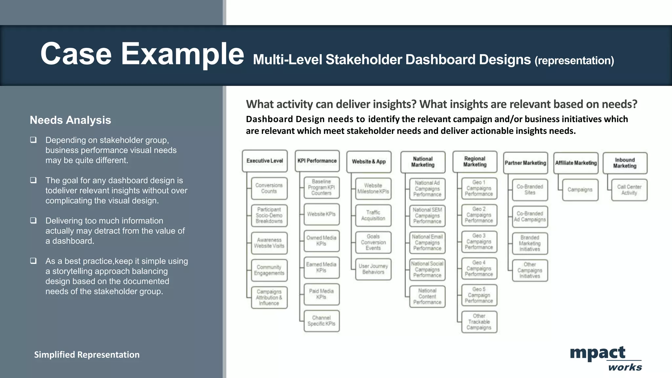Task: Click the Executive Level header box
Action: [264, 161]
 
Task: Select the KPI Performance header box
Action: [317, 161]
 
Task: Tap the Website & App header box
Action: [369, 161]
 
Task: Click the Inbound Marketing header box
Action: [625, 163]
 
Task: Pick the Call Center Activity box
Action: [629, 190]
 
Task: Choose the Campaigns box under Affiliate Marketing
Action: [580, 190]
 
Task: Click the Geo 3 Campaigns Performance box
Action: [479, 241]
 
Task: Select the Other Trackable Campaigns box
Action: [479, 322]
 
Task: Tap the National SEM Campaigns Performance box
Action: [427, 216]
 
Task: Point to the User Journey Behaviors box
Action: [373, 269]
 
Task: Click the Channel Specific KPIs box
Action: [321, 321]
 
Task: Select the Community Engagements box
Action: [269, 270]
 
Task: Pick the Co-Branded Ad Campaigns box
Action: [530, 217]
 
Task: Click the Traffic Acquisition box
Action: [373, 215]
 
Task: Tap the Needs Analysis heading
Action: [70, 120]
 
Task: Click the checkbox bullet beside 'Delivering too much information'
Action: [33, 220]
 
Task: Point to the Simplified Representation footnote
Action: [87, 355]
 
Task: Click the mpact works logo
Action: [605, 358]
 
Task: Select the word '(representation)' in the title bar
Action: [574, 61]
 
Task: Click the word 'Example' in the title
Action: [182, 54]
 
